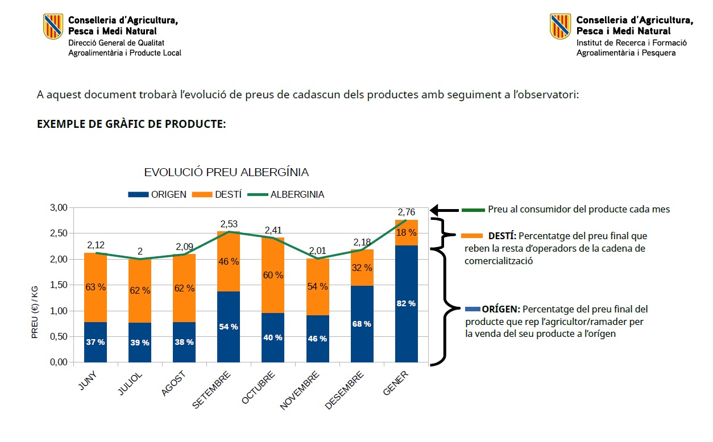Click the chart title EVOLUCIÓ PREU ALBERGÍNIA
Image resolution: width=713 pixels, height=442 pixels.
tap(226, 172)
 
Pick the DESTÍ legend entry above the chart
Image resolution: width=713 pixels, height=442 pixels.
tap(218, 194)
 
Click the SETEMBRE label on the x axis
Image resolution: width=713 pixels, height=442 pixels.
tap(212, 390)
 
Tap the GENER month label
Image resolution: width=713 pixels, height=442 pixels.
tap(396, 384)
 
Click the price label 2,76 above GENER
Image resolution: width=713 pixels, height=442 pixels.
tap(406, 212)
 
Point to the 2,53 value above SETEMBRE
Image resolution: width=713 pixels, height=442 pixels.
tap(229, 224)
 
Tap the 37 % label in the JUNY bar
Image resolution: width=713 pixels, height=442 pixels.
tap(96, 342)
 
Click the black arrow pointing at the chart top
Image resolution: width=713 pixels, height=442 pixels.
tap(444, 210)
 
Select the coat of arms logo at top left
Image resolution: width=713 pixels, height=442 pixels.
tap(53, 26)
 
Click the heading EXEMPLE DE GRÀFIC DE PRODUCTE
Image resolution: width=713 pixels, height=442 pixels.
tap(131, 124)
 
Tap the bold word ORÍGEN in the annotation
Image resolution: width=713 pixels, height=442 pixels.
tap(501, 309)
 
